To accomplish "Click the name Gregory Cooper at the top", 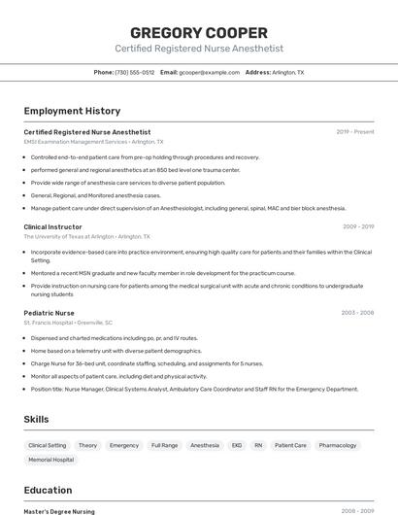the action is pyautogui.click(x=199, y=31).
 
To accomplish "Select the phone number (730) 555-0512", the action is pyautogui.click(x=135, y=73).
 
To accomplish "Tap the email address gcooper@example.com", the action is pyautogui.click(x=209, y=73).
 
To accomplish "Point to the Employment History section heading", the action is pyautogui.click(x=72, y=111).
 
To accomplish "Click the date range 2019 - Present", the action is pyautogui.click(x=354, y=132).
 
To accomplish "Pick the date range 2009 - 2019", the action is pyautogui.click(x=357, y=226).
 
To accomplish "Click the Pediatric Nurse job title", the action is pyautogui.click(x=50, y=313).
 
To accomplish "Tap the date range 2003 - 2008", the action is pyautogui.click(x=357, y=313).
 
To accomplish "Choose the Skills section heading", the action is pyautogui.click(x=37, y=419).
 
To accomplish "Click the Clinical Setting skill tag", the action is pyautogui.click(x=48, y=445).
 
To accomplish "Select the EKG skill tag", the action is pyautogui.click(x=236, y=445).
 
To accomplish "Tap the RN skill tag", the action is pyautogui.click(x=258, y=445).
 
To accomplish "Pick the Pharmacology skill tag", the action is pyautogui.click(x=338, y=445).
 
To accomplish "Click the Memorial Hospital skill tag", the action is pyautogui.click(x=50, y=460).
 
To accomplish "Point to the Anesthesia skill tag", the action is pyautogui.click(x=205, y=445).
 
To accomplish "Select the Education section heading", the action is pyautogui.click(x=48, y=490).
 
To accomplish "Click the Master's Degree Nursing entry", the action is pyautogui.click(x=59, y=511).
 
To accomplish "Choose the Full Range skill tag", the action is pyautogui.click(x=164, y=445).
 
